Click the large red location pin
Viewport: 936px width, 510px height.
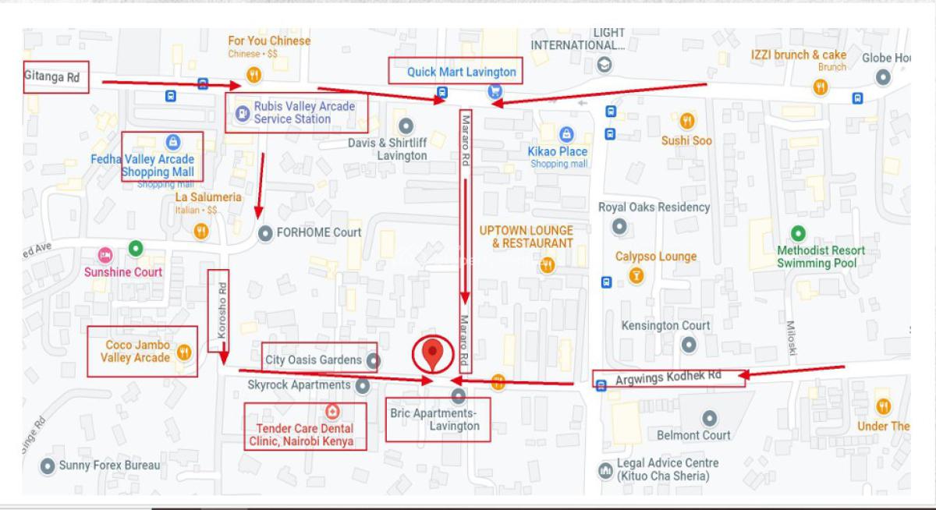432,355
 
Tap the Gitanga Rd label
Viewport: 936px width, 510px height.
52,78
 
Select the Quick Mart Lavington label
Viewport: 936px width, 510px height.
461,72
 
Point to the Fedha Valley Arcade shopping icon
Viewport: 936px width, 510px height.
173,142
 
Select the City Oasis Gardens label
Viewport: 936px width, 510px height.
313,359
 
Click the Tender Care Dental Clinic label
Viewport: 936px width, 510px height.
304,434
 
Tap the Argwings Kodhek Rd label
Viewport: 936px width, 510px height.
668,377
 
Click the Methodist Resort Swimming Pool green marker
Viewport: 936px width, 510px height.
797,233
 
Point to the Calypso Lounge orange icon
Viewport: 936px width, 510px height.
636,275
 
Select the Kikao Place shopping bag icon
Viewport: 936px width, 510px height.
566,135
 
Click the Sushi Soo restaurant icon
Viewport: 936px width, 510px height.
686,121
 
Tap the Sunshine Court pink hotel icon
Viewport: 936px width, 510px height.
105,255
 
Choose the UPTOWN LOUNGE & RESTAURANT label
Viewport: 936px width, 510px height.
526,236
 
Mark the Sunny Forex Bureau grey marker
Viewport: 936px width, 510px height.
48,466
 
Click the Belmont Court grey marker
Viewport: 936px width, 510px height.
709,418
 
